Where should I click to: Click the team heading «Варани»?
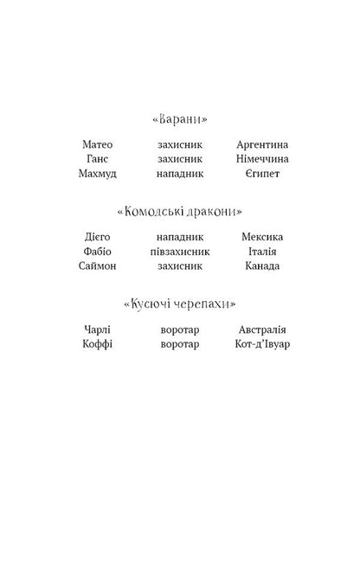[x=179, y=118]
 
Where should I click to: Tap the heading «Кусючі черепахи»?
[x=179, y=304]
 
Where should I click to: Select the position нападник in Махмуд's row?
[x=180, y=174]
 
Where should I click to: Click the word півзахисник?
[x=180, y=252]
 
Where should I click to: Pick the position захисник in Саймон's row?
[x=180, y=266]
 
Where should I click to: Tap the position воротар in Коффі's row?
[x=180, y=345]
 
